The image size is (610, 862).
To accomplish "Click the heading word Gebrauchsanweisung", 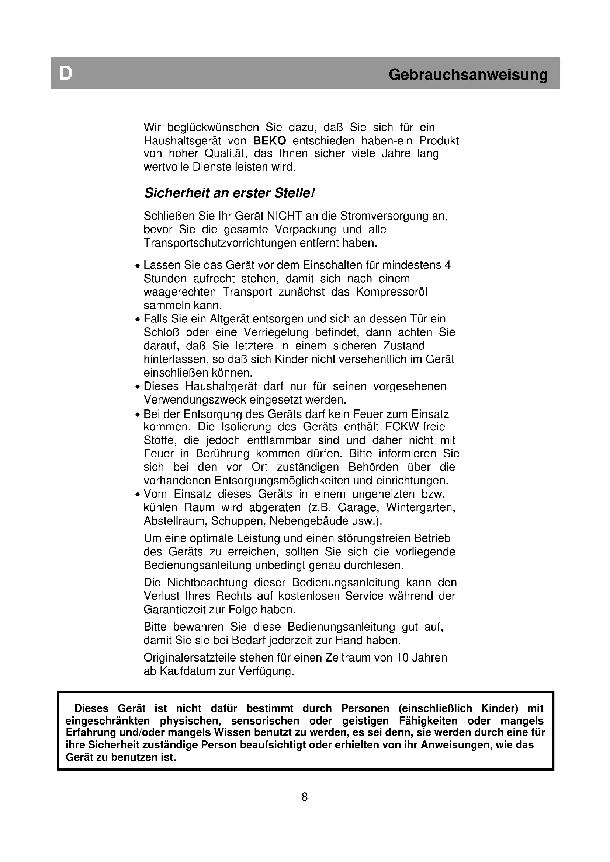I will pyautogui.click(x=468, y=75).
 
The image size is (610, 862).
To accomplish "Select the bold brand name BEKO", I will pyautogui.click(x=269, y=141).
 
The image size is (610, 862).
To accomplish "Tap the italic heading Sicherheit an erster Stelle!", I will pyautogui.click(x=229, y=193).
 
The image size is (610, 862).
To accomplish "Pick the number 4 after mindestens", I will pyautogui.click(x=447, y=265).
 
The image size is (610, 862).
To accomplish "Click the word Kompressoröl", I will pyautogui.click(x=391, y=292).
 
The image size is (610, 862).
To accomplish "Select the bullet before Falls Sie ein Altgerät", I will pyautogui.click(x=138, y=320).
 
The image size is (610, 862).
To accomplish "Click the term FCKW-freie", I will pyautogui.click(x=415, y=427).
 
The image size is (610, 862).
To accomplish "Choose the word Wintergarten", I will pyautogui.click(x=420, y=507).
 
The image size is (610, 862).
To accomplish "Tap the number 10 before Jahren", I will pyautogui.click(x=402, y=658).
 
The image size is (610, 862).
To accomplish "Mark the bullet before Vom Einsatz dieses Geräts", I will pyautogui.click(x=138, y=495).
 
